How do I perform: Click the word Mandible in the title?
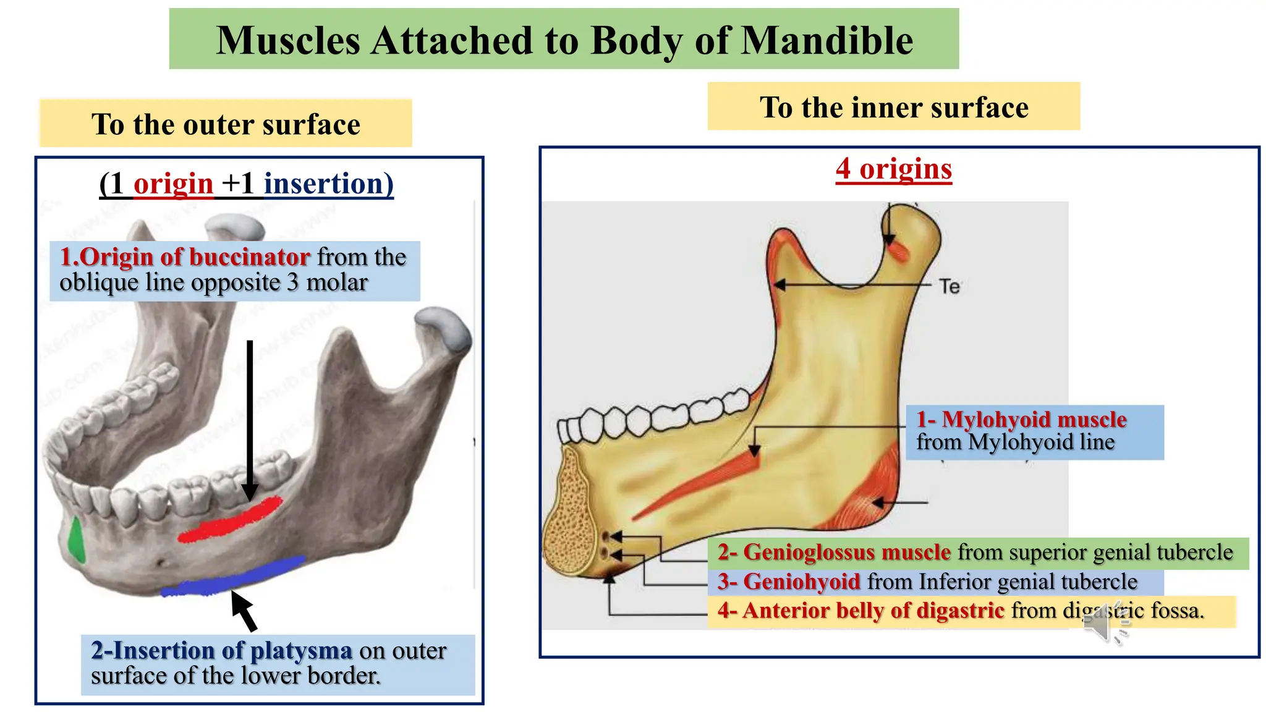point(826,41)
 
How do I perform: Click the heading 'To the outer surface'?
point(226,124)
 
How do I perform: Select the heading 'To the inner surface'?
point(894,108)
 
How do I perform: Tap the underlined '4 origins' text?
point(893,169)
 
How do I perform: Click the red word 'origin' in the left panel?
point(173,184)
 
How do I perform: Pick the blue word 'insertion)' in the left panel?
point(328,184)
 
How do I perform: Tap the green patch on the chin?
point(76,539)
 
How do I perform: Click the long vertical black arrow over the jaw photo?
point(250,420)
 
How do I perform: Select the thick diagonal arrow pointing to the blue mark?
point(244,610)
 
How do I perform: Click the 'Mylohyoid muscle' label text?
point(1034,420)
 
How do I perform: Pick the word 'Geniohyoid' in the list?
point(801,582)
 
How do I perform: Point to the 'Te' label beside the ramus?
point(949,287)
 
